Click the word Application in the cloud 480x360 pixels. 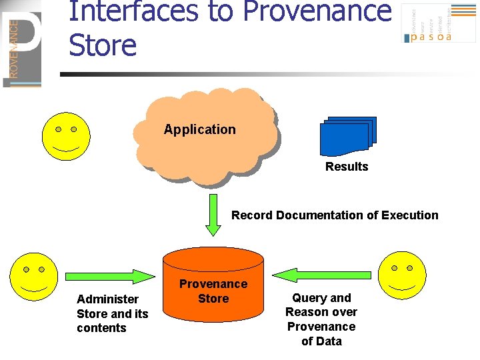[200, 129]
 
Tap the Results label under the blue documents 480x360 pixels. [347, 167]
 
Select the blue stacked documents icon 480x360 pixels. [347, 136]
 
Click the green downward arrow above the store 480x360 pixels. [213, 215]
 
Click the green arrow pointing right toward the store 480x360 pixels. [111, 275]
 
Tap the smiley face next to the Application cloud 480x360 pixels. [66, 134]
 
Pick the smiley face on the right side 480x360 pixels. [401, 275]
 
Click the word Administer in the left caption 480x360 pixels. [108, 299]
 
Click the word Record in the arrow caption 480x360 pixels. [252, 215]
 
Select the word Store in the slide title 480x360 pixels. [102, 45]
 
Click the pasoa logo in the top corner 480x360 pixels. [430, 24]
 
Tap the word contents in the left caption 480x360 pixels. [101, 328]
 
